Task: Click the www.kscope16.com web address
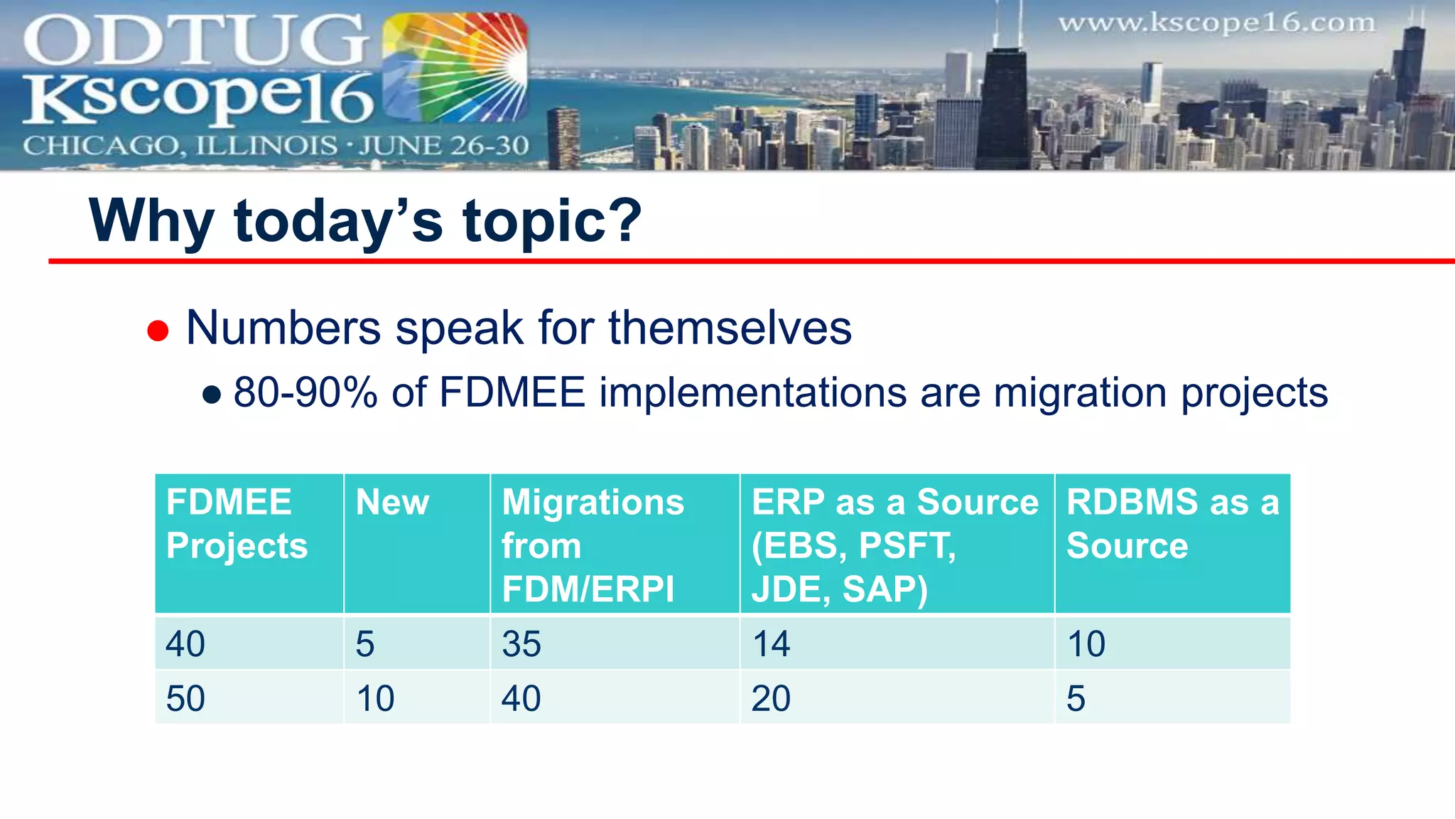click(x=1216, y=23)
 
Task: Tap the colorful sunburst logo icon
click(x=455, y=69)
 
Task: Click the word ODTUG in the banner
click(x=195, y=41)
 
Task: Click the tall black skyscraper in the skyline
click(x=1004, y=107)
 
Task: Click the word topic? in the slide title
click(x=552, y=221)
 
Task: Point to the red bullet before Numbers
click(x=158, y=331)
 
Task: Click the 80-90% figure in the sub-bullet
click(x=305, y=392)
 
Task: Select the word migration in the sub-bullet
click(x=1080, y=392)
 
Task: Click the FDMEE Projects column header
click(x=237, y=524)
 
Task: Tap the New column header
click(x=392, y=503)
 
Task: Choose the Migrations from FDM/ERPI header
click(x=593, y=545)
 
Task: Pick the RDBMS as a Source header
click(x=1172, y=524)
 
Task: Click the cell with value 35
click(x=521, y=644)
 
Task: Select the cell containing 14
click(x=771, y=644)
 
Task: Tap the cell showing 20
click(x=771, y=698)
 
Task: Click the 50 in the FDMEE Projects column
click(x=185, y=698)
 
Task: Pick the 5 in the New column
click(x=365, y=644)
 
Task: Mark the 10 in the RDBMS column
click(x=1086, y=644)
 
